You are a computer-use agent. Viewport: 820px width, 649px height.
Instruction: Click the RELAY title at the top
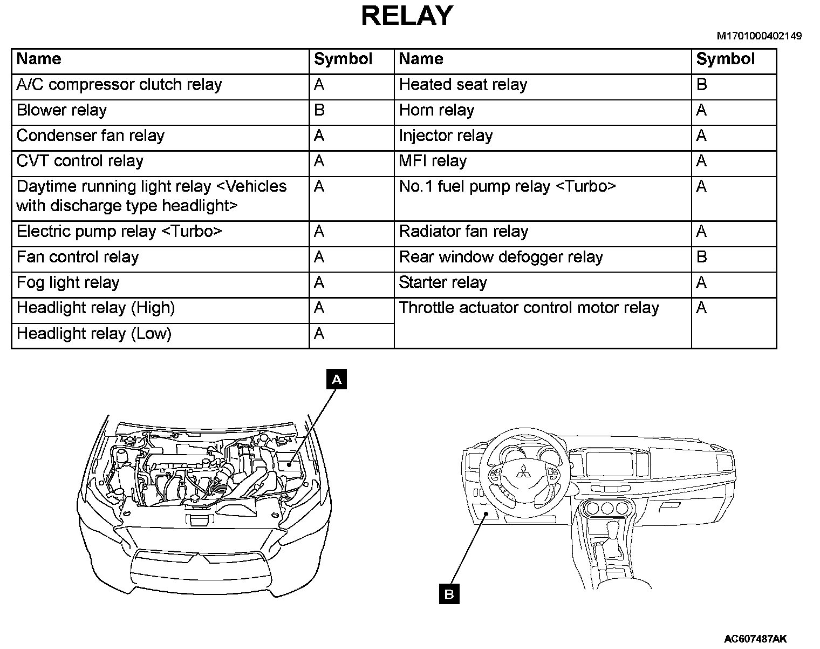point(407,16)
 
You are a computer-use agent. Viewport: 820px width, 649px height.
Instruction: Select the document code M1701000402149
point(758,36)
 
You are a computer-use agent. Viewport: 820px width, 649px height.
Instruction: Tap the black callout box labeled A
point(337,380)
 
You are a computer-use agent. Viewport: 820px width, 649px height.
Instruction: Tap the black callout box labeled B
point(449,594)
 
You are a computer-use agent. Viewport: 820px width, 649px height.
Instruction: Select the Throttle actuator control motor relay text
point(529,308)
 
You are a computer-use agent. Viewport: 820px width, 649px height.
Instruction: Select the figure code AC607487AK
point(755,639)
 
